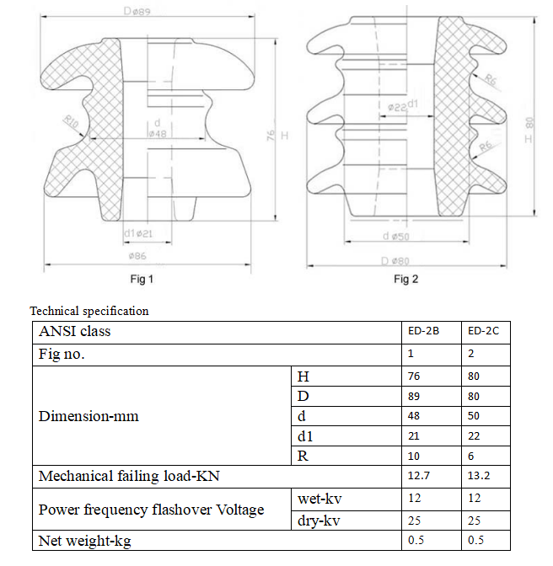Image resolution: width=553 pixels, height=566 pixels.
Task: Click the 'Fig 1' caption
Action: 140,279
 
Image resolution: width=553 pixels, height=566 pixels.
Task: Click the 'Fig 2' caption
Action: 406,279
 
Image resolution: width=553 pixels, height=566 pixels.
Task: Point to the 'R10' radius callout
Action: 71,123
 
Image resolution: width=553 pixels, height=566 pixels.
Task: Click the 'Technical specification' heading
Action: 89,311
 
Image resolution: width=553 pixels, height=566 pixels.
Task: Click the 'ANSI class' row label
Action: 75,331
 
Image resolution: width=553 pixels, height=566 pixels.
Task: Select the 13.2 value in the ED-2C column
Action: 479,477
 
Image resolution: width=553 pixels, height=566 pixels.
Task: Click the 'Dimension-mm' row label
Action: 89,416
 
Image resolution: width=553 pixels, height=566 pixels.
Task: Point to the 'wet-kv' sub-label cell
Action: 319,499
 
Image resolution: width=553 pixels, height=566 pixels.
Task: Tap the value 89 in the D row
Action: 414,396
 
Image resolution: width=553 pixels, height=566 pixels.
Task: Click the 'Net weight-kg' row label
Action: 85,540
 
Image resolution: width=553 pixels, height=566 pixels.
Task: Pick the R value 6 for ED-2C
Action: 471,457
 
